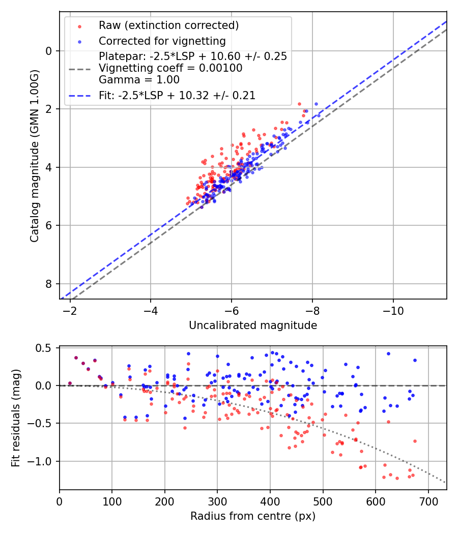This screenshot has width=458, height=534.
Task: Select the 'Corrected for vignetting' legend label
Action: pos(162,41)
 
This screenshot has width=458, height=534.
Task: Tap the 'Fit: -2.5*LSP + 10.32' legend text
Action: pos(177,95)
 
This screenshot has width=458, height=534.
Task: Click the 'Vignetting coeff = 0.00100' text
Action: pos(170,68)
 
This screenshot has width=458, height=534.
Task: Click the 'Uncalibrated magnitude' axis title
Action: pos(253,325)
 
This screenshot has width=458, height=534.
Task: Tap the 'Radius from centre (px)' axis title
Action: pos(253,516)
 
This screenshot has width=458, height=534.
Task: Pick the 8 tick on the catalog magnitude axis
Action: pos(49,284)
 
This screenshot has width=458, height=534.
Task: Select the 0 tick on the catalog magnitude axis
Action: pos(49,51)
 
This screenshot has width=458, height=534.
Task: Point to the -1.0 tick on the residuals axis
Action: pos(43,461)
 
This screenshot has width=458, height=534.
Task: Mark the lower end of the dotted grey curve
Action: pos(446,483)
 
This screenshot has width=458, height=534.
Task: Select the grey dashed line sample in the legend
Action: pos(79,68)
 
